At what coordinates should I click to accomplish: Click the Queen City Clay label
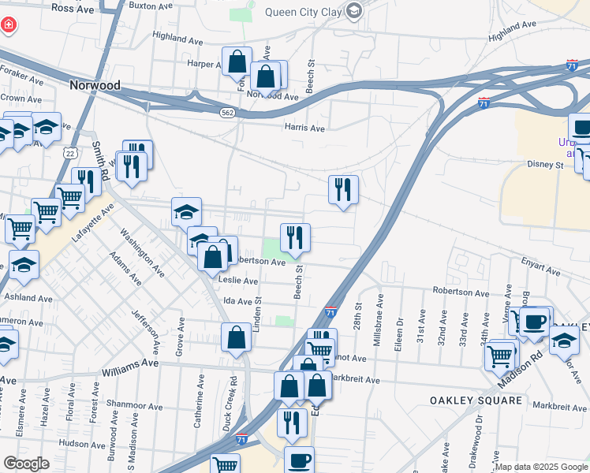click(302, 12)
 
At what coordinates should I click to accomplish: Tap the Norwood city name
click(95, 85)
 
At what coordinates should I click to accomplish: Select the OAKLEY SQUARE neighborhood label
click(476, 400)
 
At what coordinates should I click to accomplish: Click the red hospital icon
click(9, 26)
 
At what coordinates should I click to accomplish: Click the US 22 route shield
click(71, 153)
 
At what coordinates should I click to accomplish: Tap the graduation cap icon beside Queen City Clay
click(354, 11)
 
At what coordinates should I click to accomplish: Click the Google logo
click(26, 463)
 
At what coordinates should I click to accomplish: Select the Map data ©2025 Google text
click(542, 467)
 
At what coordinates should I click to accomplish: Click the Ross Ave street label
click(73, 7)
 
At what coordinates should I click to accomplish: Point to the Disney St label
click(547, 165)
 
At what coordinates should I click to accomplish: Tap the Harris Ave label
click(304, 128)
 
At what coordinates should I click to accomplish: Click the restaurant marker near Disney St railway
click(343, 190)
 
